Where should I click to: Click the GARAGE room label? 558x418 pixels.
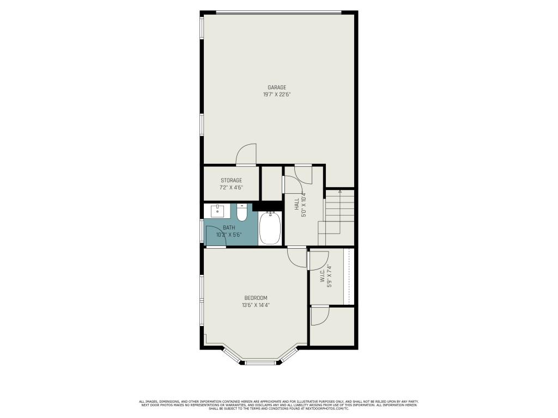[276, 88]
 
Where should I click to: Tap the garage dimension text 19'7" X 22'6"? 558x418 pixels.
[276, 95]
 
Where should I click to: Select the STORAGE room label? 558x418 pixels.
[231, 180]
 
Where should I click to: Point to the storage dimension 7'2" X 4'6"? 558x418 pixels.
[231, 187]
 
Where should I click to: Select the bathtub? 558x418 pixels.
[270, 229]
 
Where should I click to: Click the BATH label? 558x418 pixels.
[229, 228]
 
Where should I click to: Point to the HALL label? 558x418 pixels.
[297, 204]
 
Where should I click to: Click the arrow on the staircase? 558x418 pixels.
[340, 192]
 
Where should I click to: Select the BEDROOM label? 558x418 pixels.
[256, 298]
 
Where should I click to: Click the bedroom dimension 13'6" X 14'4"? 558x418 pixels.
[256, 305]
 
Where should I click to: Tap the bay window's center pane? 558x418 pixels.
[260, 362]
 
